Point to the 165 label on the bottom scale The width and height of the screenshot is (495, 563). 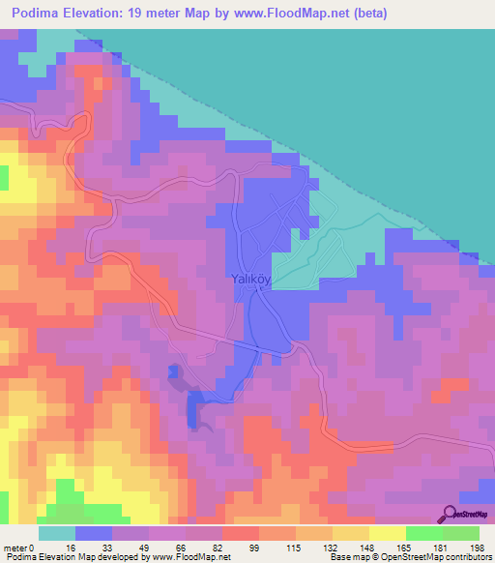click(403, 548)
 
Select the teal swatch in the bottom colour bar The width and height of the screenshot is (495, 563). click(56, 533)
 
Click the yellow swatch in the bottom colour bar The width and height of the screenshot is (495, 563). click(387, 533)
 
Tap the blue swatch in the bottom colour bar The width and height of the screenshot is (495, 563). click(94, 533)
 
